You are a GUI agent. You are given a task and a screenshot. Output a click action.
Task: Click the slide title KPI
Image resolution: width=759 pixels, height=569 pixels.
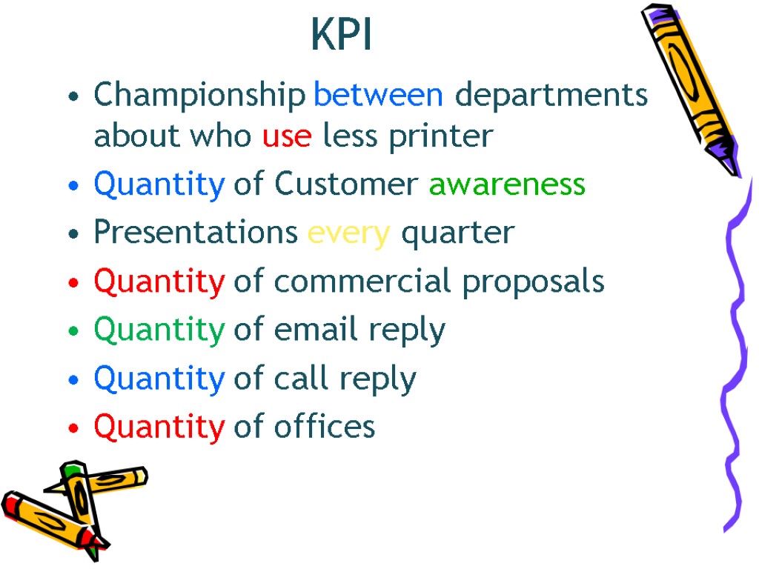[x=342, y=35]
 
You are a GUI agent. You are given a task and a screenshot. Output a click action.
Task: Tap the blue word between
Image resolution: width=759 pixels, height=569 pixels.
[x=379, y=95]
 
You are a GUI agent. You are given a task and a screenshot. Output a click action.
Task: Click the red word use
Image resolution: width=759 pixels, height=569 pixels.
[x=286, y=136]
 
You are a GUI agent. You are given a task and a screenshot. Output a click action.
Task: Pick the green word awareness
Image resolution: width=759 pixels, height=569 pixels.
[x=507, y=184]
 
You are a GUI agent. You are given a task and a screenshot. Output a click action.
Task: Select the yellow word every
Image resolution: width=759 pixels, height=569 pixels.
[x=348, y=233]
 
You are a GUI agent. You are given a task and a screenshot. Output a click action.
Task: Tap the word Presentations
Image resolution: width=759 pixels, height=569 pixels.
[x=196, y=233]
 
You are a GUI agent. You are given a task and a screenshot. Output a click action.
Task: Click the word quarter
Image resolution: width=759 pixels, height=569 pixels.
[x=457, y=234]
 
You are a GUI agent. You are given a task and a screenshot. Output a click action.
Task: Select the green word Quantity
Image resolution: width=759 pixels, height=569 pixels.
[x=159, y=330]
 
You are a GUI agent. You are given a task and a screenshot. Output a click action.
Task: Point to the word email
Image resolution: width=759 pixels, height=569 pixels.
[x=312, y=330]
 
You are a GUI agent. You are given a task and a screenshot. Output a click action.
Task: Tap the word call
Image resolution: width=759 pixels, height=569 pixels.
[x=302, y=379]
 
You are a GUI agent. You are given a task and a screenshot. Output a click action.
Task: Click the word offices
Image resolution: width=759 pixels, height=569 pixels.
[x=325, y=427]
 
